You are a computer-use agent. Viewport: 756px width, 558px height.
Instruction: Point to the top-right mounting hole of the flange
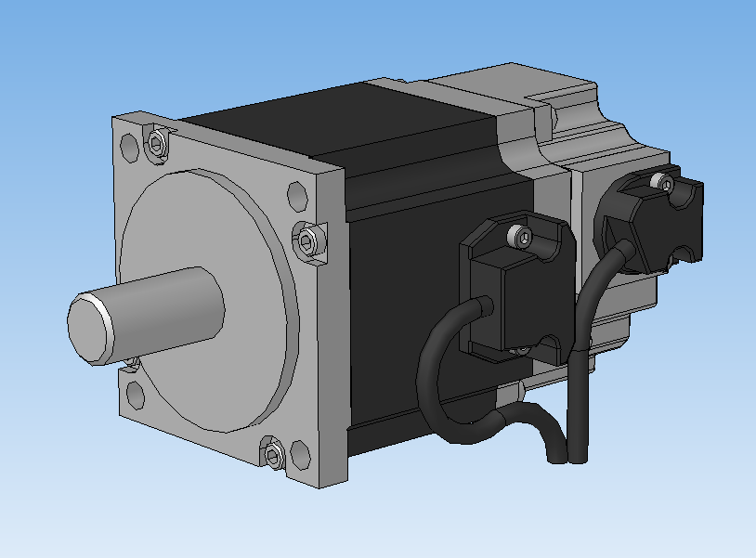click(297, 198)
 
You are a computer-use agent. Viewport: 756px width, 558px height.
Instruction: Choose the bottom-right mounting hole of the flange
click(299, 455)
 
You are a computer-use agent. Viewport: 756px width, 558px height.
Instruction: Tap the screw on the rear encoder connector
click(664, 184)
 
